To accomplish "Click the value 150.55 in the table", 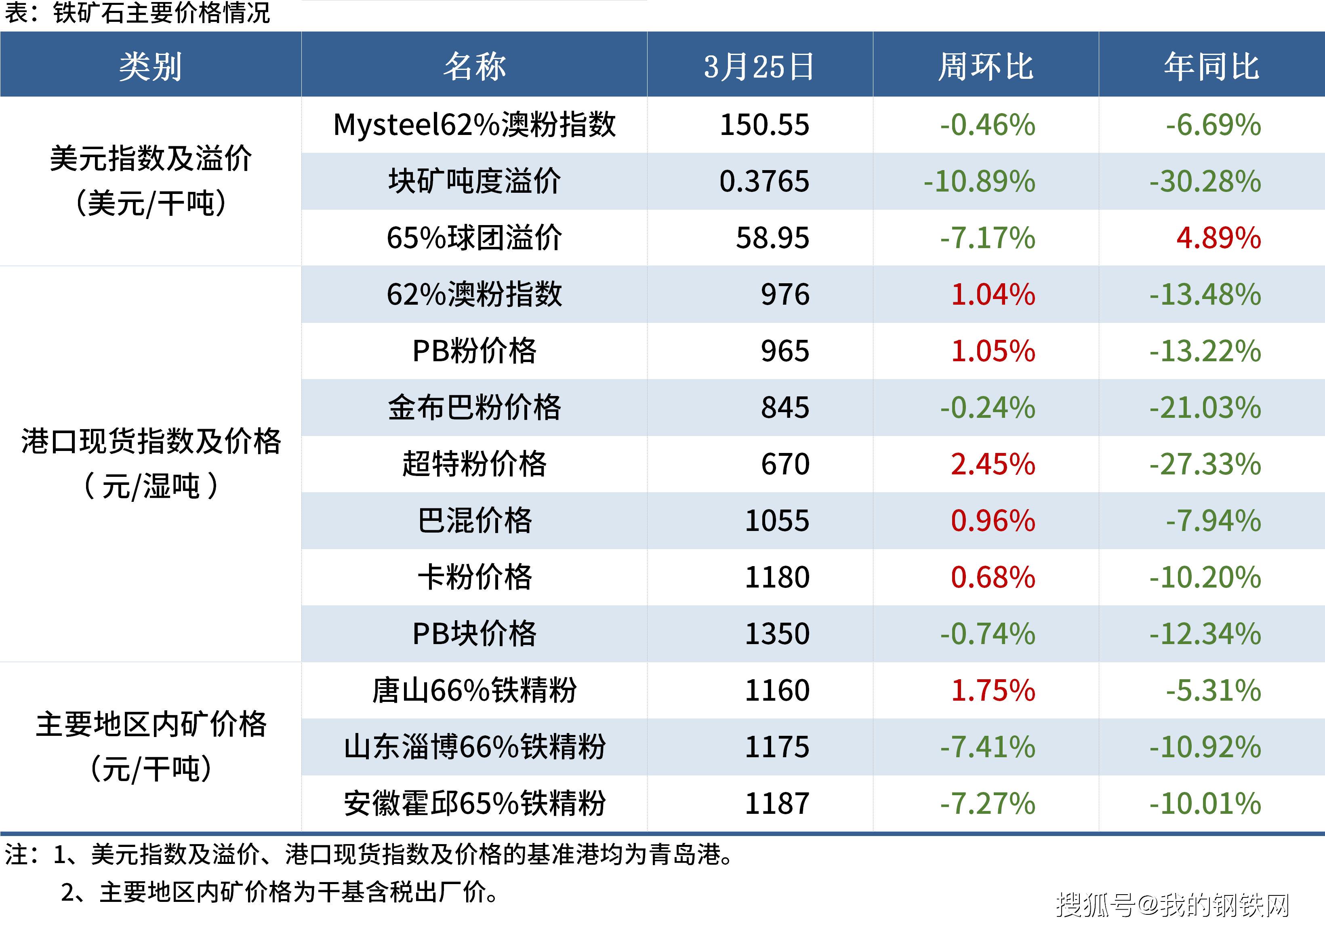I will click(x=765, y=125).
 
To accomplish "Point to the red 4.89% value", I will click(x=1219, y=238).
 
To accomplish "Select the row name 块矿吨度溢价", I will click(x=474, y=181).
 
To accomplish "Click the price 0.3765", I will click(x=765, y=181).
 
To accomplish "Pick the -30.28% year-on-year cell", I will click(x=1205, y=181).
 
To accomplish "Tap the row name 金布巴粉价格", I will click(x=474, y=408).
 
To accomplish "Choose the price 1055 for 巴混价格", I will click(x=777, y=521).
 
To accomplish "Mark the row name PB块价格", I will click(x=474, y=634).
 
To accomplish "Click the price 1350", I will click(x=777, y=634).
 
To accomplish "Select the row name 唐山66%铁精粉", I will click(x=474, y=691).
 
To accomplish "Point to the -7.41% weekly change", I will click(x=988, y=747).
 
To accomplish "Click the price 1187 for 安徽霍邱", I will click(x=777, y=804).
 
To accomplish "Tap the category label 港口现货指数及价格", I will click(x=151, y=442).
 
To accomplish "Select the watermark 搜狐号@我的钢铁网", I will click(x=1173, y=904).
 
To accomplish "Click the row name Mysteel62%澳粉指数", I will click(x=474, y=125).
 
